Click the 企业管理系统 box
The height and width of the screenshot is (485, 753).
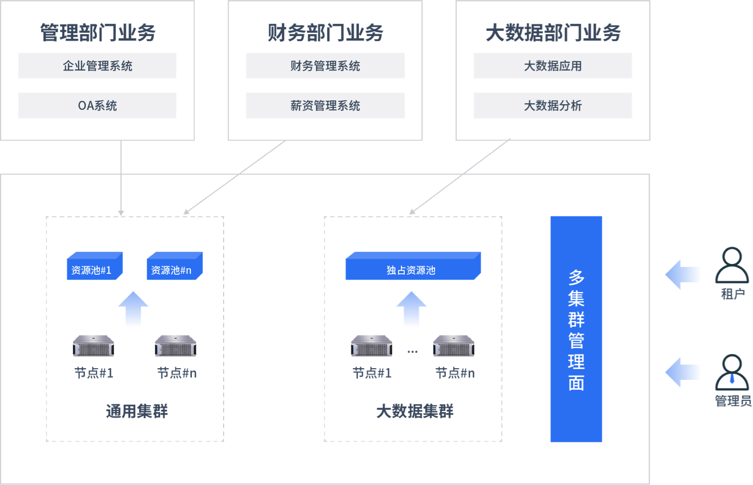click(x=97, y=66)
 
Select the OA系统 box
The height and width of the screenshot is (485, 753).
click(x=97, y=106)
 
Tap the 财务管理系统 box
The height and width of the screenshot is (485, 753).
click(x=325, y=66)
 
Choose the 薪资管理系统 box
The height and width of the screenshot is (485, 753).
click(x=325, y=106)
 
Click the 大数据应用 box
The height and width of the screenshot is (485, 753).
click(x=553, y=66)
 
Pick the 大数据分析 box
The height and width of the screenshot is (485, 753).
click(x=553, y=106)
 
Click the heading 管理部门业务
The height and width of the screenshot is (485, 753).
click(x=98, y=33)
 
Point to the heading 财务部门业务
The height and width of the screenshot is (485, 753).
click(x=325, y=33)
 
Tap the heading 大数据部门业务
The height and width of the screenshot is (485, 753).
click(x=553, y=33)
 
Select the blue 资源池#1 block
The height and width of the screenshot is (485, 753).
click(x=94, y=266)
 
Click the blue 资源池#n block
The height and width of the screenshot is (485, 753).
click(x=174, y=266)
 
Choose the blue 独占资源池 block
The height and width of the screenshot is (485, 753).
click(x=413, y=266)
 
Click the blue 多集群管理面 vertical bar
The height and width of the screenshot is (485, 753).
click(x=576, y=329)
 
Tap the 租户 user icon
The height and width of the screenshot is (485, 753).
click(x=732, y=265)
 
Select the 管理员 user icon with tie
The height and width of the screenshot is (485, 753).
click(x=732, y=372)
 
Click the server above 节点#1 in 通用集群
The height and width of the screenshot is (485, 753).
click(x=93, y=346)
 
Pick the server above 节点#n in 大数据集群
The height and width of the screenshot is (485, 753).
click(x=454, y=346)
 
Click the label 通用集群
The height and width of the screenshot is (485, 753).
click(x=137, y=411)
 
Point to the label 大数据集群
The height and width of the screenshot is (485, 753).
click(x=415, y=411)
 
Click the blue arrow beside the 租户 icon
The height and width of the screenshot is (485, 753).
click(x=683, y=275)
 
